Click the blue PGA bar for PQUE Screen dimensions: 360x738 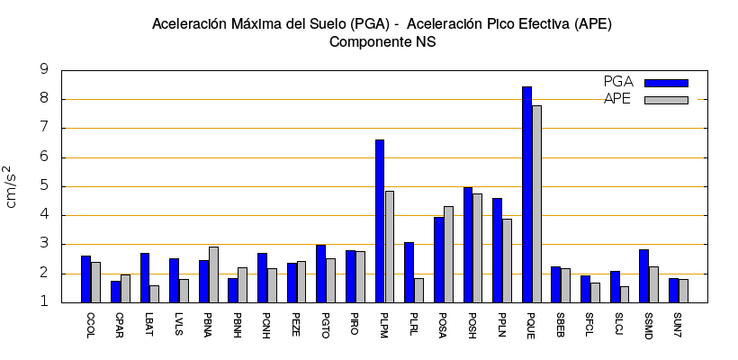coord(526,194)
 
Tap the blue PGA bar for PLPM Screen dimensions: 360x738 coord(380,220)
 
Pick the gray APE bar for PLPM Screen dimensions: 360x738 coord(389,247)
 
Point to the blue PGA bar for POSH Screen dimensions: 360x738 coord(468,245)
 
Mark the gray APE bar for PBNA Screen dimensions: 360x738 coord(213,274)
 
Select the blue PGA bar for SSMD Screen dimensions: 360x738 coord(643,276)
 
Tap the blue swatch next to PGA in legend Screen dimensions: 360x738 coord(666,83)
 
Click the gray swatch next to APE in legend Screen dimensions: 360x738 coord(666,100)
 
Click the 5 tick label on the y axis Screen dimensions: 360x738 coord(44,186)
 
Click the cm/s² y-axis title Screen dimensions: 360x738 coord(12,186)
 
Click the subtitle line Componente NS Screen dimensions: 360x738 coord(382,41)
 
